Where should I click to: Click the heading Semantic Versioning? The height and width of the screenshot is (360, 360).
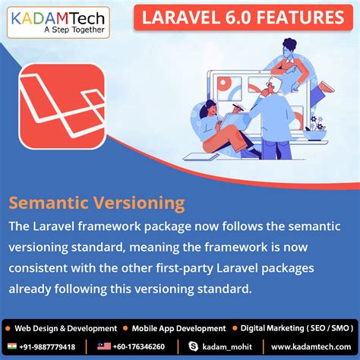[96, 204]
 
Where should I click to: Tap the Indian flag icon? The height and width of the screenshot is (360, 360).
[10, 346]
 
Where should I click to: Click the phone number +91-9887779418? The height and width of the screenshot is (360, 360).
[48, 346]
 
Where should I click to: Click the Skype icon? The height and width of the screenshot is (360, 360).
[194, 346]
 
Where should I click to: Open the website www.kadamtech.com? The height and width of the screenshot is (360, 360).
[310, 346]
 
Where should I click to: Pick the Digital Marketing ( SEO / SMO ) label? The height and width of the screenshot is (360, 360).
[295, 328]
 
